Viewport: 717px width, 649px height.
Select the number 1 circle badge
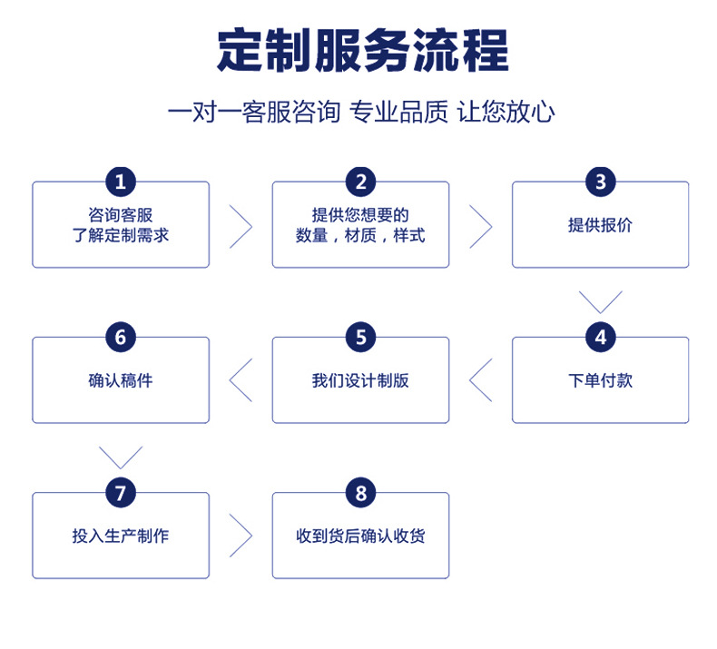[121, 182]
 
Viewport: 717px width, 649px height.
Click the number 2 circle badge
[360, 182]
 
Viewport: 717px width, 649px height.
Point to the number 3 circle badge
[600, 182]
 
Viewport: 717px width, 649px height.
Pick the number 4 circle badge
[600, 338]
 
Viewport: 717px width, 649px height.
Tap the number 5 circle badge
[360, 338]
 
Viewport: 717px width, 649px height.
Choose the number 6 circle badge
[121, 338]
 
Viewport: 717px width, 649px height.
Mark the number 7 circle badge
[121, 493]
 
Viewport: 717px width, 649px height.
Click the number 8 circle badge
[360, 493]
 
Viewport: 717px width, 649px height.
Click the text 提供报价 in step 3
[600, 225]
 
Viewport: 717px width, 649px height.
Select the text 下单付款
[600, 380]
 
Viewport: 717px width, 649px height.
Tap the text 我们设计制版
[360, 380]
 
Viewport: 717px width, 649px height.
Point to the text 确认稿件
[121, 380]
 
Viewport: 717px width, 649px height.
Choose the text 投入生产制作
[121, 536]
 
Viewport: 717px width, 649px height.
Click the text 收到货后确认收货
[360, 536]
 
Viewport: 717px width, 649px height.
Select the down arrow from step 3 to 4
[600, 301]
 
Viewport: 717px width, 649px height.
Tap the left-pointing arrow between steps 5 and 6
[240, 380]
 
